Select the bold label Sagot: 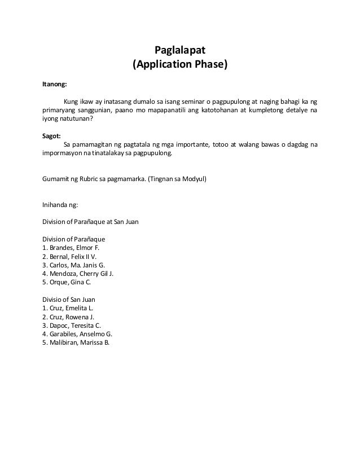[52, 135]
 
